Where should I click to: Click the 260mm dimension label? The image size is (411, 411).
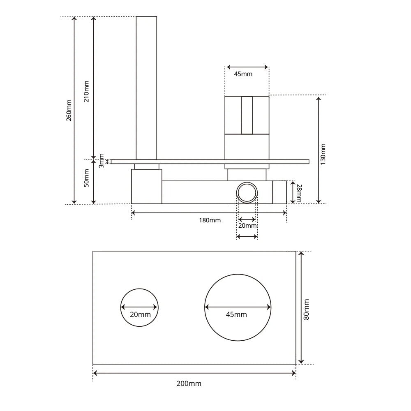(x=69, y=110)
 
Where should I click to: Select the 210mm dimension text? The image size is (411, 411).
(x=86, y=91)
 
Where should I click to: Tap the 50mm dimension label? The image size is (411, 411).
(x=86, y=178)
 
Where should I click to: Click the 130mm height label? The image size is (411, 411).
(x=323, y=154)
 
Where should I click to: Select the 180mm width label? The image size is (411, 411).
(x=210, y=220)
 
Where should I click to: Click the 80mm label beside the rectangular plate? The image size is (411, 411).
(x=307, y=309)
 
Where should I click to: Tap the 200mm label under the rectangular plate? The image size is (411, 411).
(x=189, y=383)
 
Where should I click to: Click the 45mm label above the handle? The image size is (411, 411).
(x=243, y=74)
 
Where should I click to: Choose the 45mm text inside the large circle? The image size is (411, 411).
(x=236, y=314)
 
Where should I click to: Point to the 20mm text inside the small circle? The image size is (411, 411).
(x=140, y=314)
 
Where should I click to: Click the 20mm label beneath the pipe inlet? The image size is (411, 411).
(x=248, y=226)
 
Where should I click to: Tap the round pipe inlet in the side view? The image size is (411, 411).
(x=247, y=192)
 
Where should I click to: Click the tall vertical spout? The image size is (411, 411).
(x=146, y=86)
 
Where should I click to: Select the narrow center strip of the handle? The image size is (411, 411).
(x=247, y=115)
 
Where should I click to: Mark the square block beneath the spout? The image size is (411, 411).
(x=146, y=187)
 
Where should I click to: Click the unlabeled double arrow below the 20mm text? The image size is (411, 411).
(x=247, y=236)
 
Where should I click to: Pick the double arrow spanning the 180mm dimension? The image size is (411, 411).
(x=209, y=212)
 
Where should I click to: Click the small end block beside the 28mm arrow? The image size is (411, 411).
(x=279, y=192)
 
